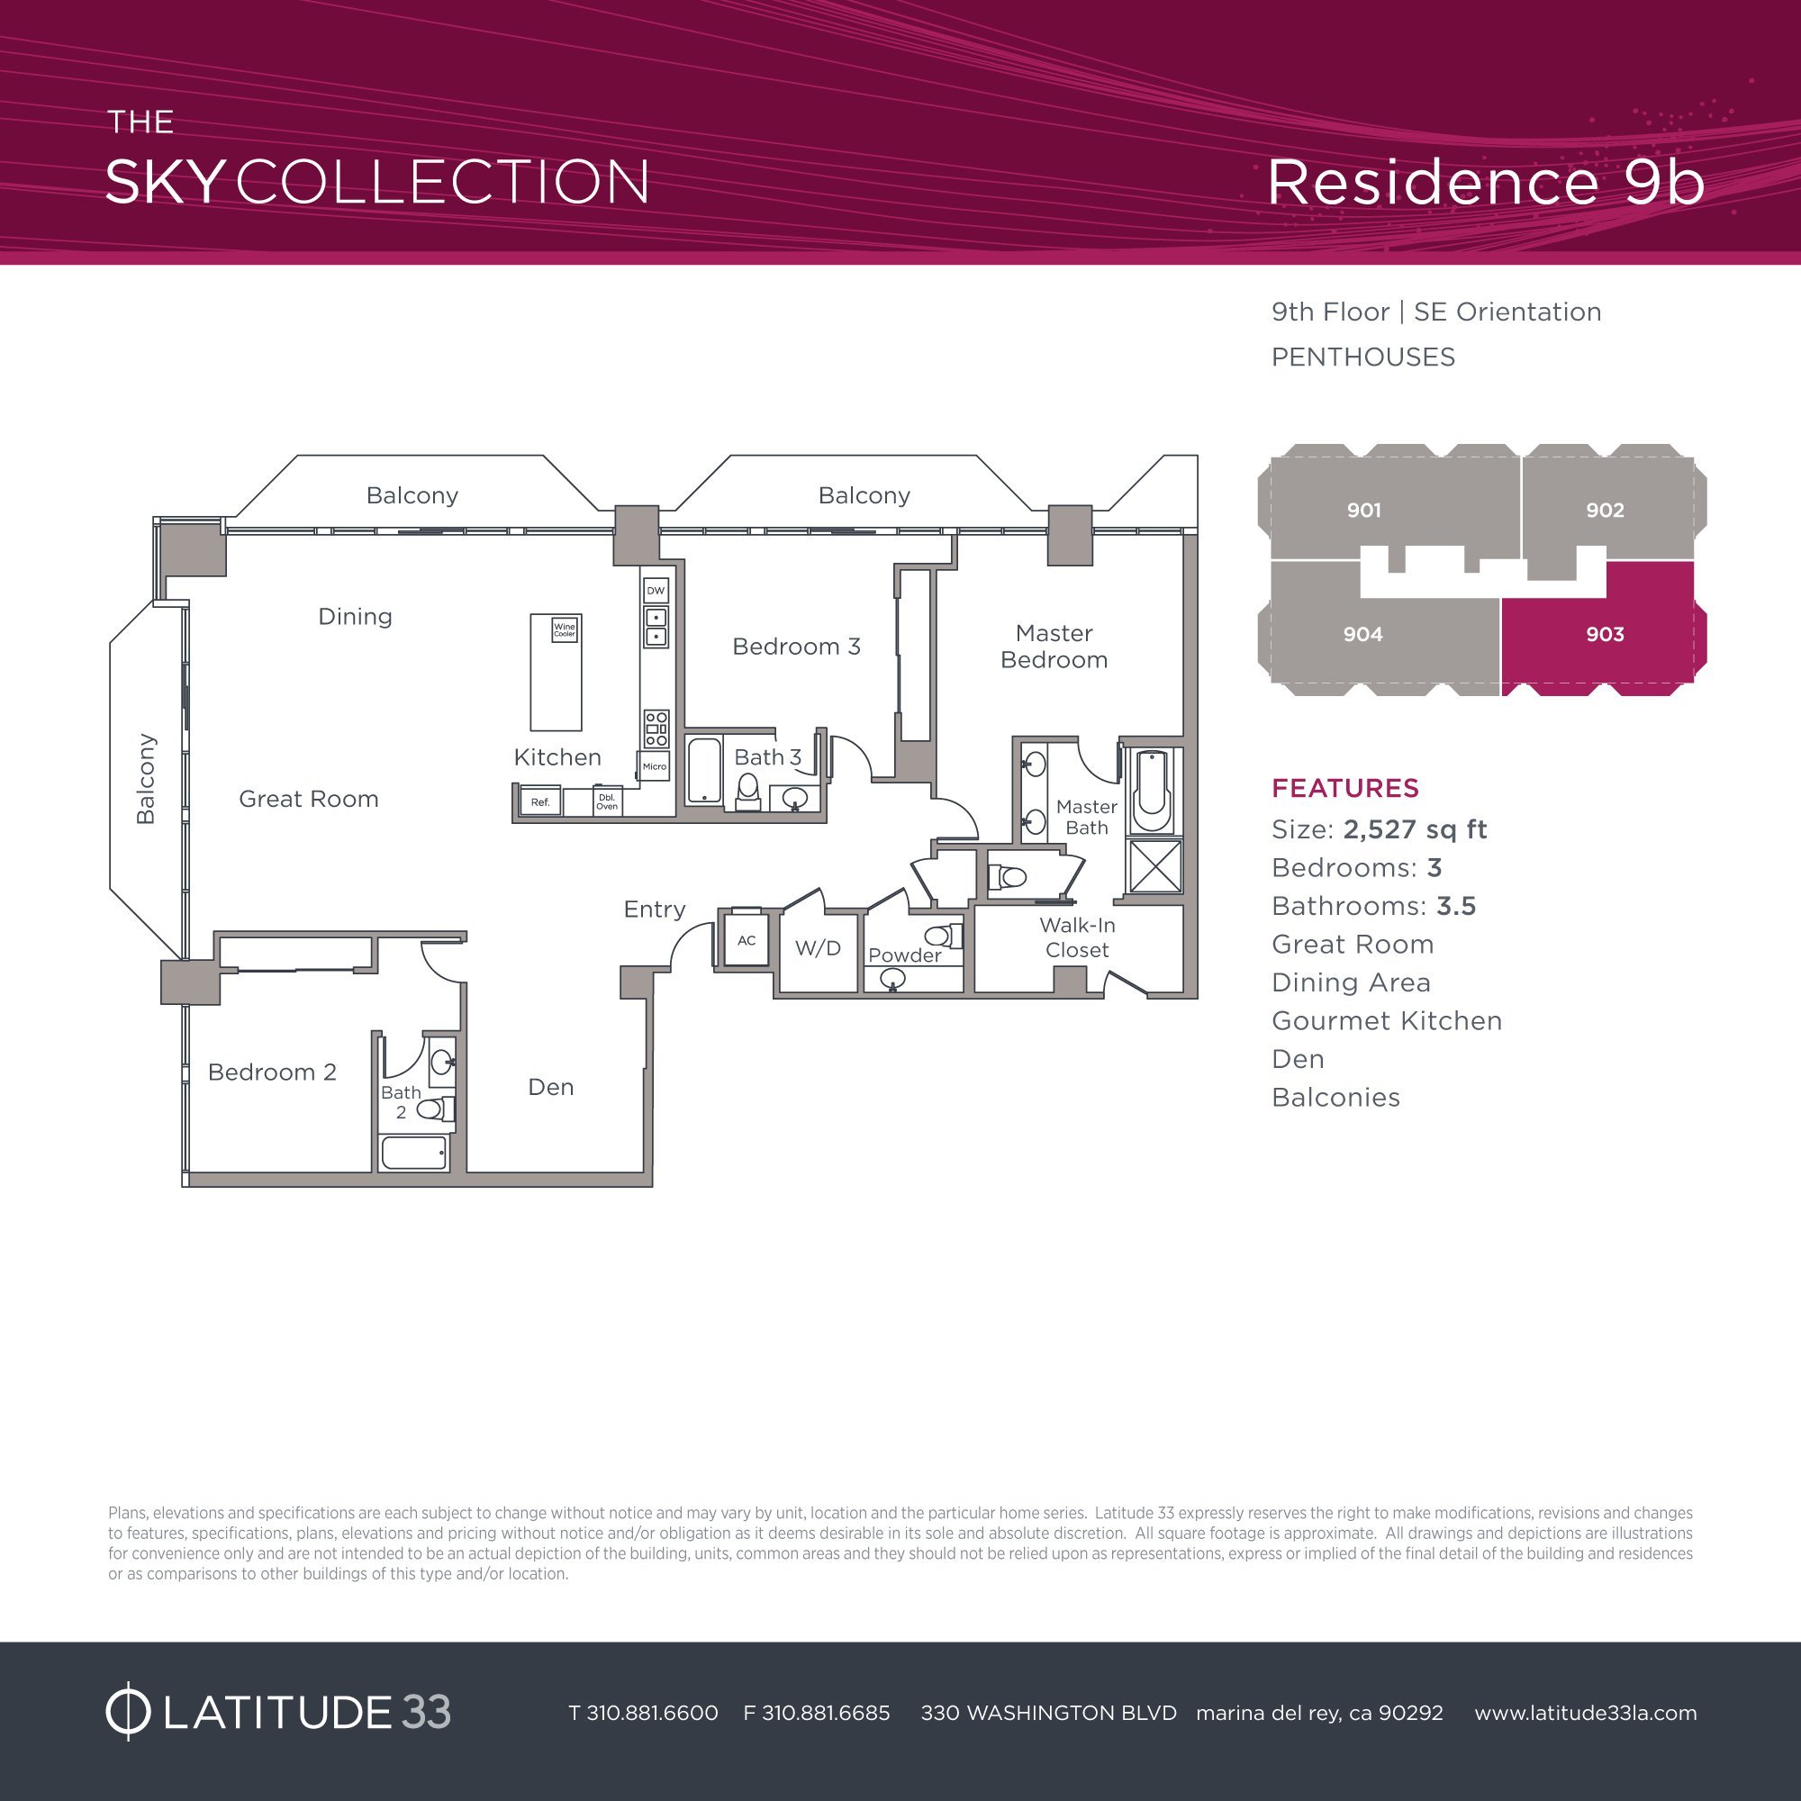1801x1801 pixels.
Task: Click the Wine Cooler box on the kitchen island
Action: [564, 629]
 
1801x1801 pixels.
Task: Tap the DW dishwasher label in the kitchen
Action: [656, 590]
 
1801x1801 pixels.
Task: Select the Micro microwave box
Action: [655, 766]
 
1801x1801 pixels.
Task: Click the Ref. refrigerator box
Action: [539, 801]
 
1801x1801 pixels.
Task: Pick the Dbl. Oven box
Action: [607, 801]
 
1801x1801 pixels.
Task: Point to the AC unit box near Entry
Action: [746, 939]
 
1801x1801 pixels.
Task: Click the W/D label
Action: [818, 949]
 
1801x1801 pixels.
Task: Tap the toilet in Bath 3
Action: [747, 791]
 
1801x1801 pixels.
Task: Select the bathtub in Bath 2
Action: [414, 1154]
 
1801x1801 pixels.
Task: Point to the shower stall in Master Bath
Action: [1154, 866]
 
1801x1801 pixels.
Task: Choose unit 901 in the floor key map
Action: [1363, 510]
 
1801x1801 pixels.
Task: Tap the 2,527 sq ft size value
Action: [1415, 829]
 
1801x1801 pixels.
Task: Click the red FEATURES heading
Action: [1345, 789]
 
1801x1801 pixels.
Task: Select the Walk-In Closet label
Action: [1077, 937]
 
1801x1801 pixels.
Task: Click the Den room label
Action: [551, 1087]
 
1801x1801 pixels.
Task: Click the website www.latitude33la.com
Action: [1586, 1713]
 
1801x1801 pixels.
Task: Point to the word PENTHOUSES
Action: [1362, 357]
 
